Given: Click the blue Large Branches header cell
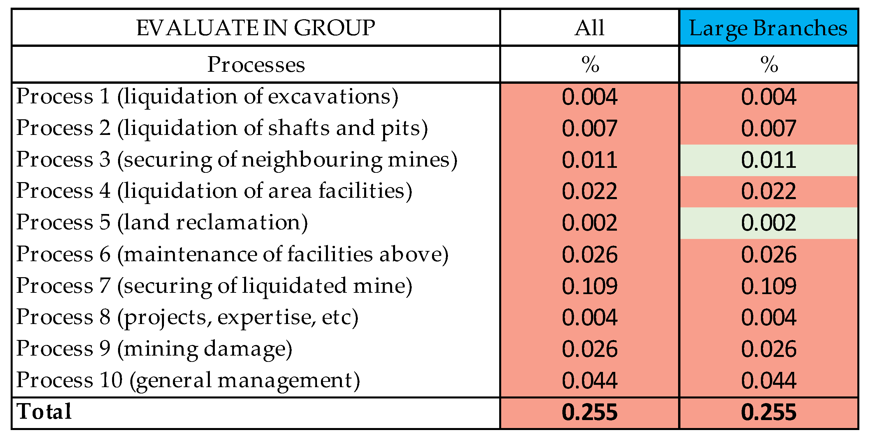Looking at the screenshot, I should tap(768, 28).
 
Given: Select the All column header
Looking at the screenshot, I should tap(589, 28).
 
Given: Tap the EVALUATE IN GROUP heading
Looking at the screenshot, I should tap(255, 28).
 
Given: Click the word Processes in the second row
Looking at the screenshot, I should tap(256, 64).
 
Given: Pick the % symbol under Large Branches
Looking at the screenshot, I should tap(769, 64).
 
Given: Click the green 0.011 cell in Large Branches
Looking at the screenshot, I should tap(769, 160).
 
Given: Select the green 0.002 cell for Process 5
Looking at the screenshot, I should tap(769, 223).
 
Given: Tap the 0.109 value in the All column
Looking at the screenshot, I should tap(589, 286).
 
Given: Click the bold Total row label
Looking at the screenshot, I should tap(44, 411).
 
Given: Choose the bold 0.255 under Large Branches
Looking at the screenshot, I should tap(769, 412).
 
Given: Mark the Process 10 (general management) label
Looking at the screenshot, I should tap(188, 380).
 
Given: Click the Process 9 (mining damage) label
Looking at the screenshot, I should tap(154, 348).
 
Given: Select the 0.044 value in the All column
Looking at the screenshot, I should tap(589, 380).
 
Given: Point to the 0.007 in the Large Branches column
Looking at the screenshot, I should tap(769, 128).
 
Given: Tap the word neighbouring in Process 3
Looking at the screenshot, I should tap(312, 160).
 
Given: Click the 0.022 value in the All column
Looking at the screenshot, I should tap(589, 191).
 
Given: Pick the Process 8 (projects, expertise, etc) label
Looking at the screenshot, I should tap(187, 317).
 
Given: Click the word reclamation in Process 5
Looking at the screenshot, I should tap(238, 222).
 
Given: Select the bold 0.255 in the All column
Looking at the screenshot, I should tap(589, 412).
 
